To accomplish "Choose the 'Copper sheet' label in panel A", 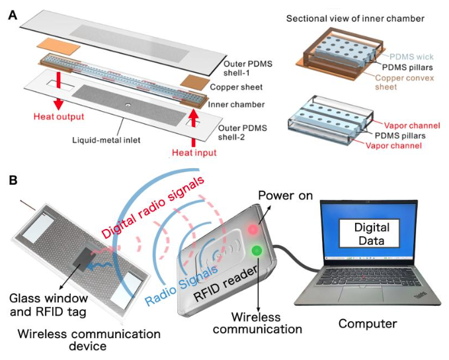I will click(234, 86).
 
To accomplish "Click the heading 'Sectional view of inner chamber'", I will click(354, 18).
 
